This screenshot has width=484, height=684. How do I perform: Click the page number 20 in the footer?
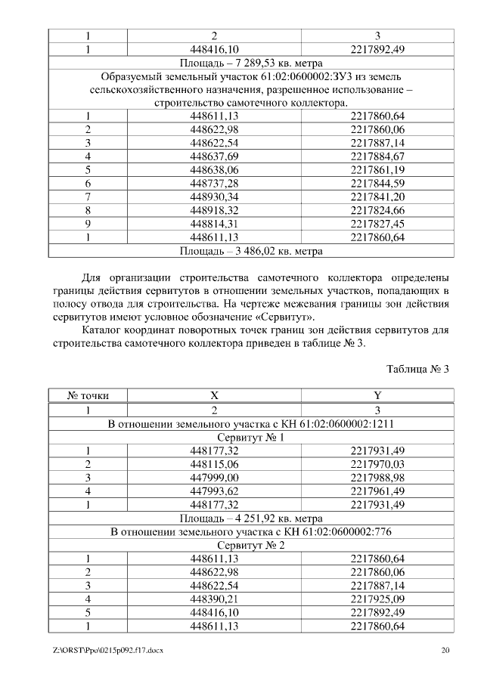[x=445, y=651]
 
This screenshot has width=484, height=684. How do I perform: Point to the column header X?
[x=214, y=395]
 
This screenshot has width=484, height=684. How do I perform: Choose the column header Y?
[x=377, y=395]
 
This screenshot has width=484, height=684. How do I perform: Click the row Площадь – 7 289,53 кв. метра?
[x=252, y=62]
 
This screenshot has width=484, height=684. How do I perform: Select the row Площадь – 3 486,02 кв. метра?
[x=252, y=250]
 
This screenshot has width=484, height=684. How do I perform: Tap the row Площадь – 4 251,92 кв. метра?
[x=252, y=518]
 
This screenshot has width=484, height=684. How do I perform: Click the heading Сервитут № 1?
[x=252, y=437]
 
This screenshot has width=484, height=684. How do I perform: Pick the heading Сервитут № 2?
[x=252, y=545]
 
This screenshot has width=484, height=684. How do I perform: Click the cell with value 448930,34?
[x=214, y=197]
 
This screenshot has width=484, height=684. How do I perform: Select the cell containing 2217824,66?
[x=377, y=210]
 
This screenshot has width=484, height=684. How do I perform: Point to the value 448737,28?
[x=214, y=183]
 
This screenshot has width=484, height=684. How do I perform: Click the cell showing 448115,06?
[x=214, y=464]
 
